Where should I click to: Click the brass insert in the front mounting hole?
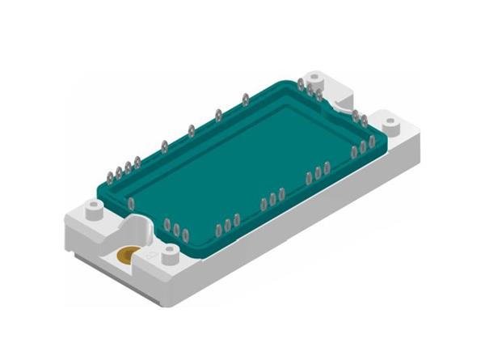click(x=127, y=256)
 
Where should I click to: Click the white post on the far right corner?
click(x=392, y=123)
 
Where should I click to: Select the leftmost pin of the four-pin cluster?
click(x=109, y=175)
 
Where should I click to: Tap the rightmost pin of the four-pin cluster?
click(x=137, y=163)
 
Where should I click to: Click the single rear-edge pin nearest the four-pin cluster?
click(x=164, y=147)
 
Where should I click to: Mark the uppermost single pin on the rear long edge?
click(x=245, y=100)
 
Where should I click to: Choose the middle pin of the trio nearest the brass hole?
click(x=176, y=228)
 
